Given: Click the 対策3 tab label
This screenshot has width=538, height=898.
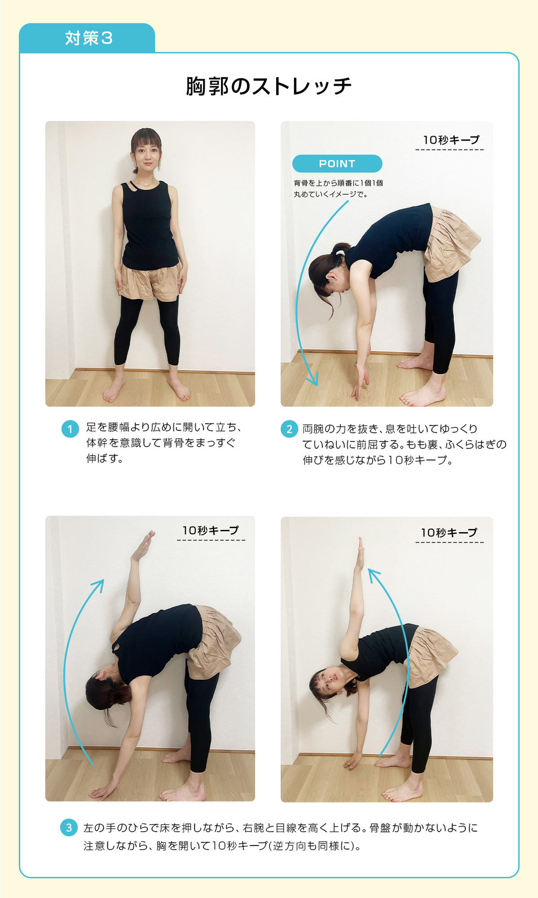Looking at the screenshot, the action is point(88,38).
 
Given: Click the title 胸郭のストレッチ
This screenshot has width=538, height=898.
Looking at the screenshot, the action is point(269,86).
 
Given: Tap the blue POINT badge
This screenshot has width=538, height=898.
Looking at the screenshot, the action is point(337,163).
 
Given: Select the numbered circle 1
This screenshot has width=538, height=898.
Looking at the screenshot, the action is point(70,429).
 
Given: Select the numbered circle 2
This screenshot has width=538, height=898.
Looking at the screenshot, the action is point(289,429).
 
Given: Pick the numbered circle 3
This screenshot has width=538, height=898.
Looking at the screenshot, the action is point(69,828).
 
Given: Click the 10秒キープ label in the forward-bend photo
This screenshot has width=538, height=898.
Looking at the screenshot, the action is point(451,140).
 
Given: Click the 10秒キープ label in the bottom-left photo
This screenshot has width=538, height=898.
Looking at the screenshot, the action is point(210,530).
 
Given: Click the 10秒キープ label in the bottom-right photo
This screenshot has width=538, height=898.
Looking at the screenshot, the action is point(449,533).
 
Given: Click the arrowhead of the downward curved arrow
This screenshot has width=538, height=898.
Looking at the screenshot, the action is point(313,379).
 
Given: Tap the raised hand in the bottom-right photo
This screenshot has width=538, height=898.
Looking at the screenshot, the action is point(359,553).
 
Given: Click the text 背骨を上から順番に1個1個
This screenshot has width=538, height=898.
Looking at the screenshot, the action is point(338,183).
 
